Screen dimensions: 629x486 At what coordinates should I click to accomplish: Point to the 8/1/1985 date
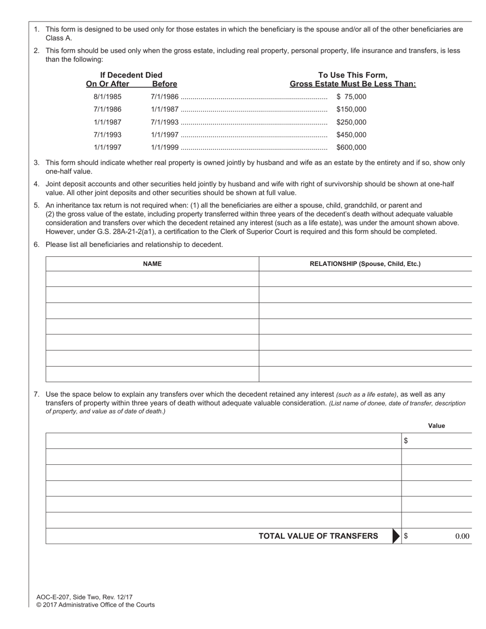(107, 97)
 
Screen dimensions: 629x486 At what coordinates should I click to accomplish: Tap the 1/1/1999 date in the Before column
(164, 147)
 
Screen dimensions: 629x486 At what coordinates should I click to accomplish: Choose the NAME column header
(152, 264)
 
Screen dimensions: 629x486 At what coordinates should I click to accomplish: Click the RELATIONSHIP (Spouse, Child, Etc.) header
(365, 264)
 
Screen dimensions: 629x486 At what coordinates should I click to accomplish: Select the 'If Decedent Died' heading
(131, 75)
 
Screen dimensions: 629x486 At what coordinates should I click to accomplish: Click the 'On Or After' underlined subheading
(107, 84)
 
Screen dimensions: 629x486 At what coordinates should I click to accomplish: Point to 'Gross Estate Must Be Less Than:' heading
(352, 84)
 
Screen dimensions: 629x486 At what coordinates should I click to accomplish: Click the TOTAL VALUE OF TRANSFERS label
(318, 536)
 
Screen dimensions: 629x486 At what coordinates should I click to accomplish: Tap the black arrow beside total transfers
(396, 536)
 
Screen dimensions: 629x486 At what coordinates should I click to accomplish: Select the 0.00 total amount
(462, 536)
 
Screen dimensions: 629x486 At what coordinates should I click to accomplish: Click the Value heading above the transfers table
(436, 425)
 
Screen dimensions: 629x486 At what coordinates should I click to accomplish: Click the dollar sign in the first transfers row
(406, 441)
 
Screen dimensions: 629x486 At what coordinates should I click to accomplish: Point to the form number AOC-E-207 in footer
(54, 597)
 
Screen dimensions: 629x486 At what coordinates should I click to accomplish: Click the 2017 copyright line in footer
(95, 605)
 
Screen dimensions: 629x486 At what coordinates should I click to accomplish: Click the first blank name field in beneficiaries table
(152, 279)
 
